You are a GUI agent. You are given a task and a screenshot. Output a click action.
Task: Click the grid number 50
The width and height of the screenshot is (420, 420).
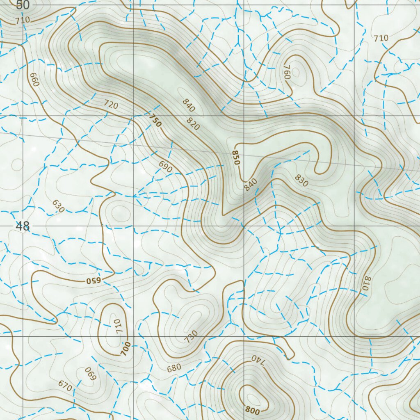[23, 5]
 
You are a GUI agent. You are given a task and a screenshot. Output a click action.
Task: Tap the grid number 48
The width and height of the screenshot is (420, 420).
[23, 226]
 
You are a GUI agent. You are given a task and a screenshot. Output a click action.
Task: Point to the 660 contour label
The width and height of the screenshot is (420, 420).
[34, 80]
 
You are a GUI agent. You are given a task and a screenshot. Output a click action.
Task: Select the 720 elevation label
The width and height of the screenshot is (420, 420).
[111, 105]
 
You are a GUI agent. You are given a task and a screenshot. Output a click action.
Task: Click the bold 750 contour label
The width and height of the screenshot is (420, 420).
[155, 121]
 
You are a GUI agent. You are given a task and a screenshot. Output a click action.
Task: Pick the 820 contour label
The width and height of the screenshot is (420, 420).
[193, 124]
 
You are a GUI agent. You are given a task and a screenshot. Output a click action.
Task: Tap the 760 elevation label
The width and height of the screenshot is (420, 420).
[287, 72]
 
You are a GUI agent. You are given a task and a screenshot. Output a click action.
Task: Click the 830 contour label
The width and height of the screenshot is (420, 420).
[301, 180]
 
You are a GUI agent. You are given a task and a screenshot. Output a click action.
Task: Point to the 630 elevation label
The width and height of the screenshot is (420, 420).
[58, 206]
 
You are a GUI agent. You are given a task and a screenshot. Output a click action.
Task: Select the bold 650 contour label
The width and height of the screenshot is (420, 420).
[93, 281]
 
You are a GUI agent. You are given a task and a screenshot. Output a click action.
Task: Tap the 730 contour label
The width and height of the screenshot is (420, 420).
[191, 336]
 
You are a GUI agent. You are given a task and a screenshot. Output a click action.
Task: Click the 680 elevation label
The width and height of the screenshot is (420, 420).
[174, 368]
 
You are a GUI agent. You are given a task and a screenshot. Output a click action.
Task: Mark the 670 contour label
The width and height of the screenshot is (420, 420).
[65, 386]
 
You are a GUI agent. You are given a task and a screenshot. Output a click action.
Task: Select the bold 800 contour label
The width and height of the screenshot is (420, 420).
[253, 409]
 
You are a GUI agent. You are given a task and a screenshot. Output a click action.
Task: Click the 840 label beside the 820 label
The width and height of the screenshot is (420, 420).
[189, 105]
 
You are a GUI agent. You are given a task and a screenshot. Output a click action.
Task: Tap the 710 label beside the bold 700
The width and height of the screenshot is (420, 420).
[116, 326]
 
